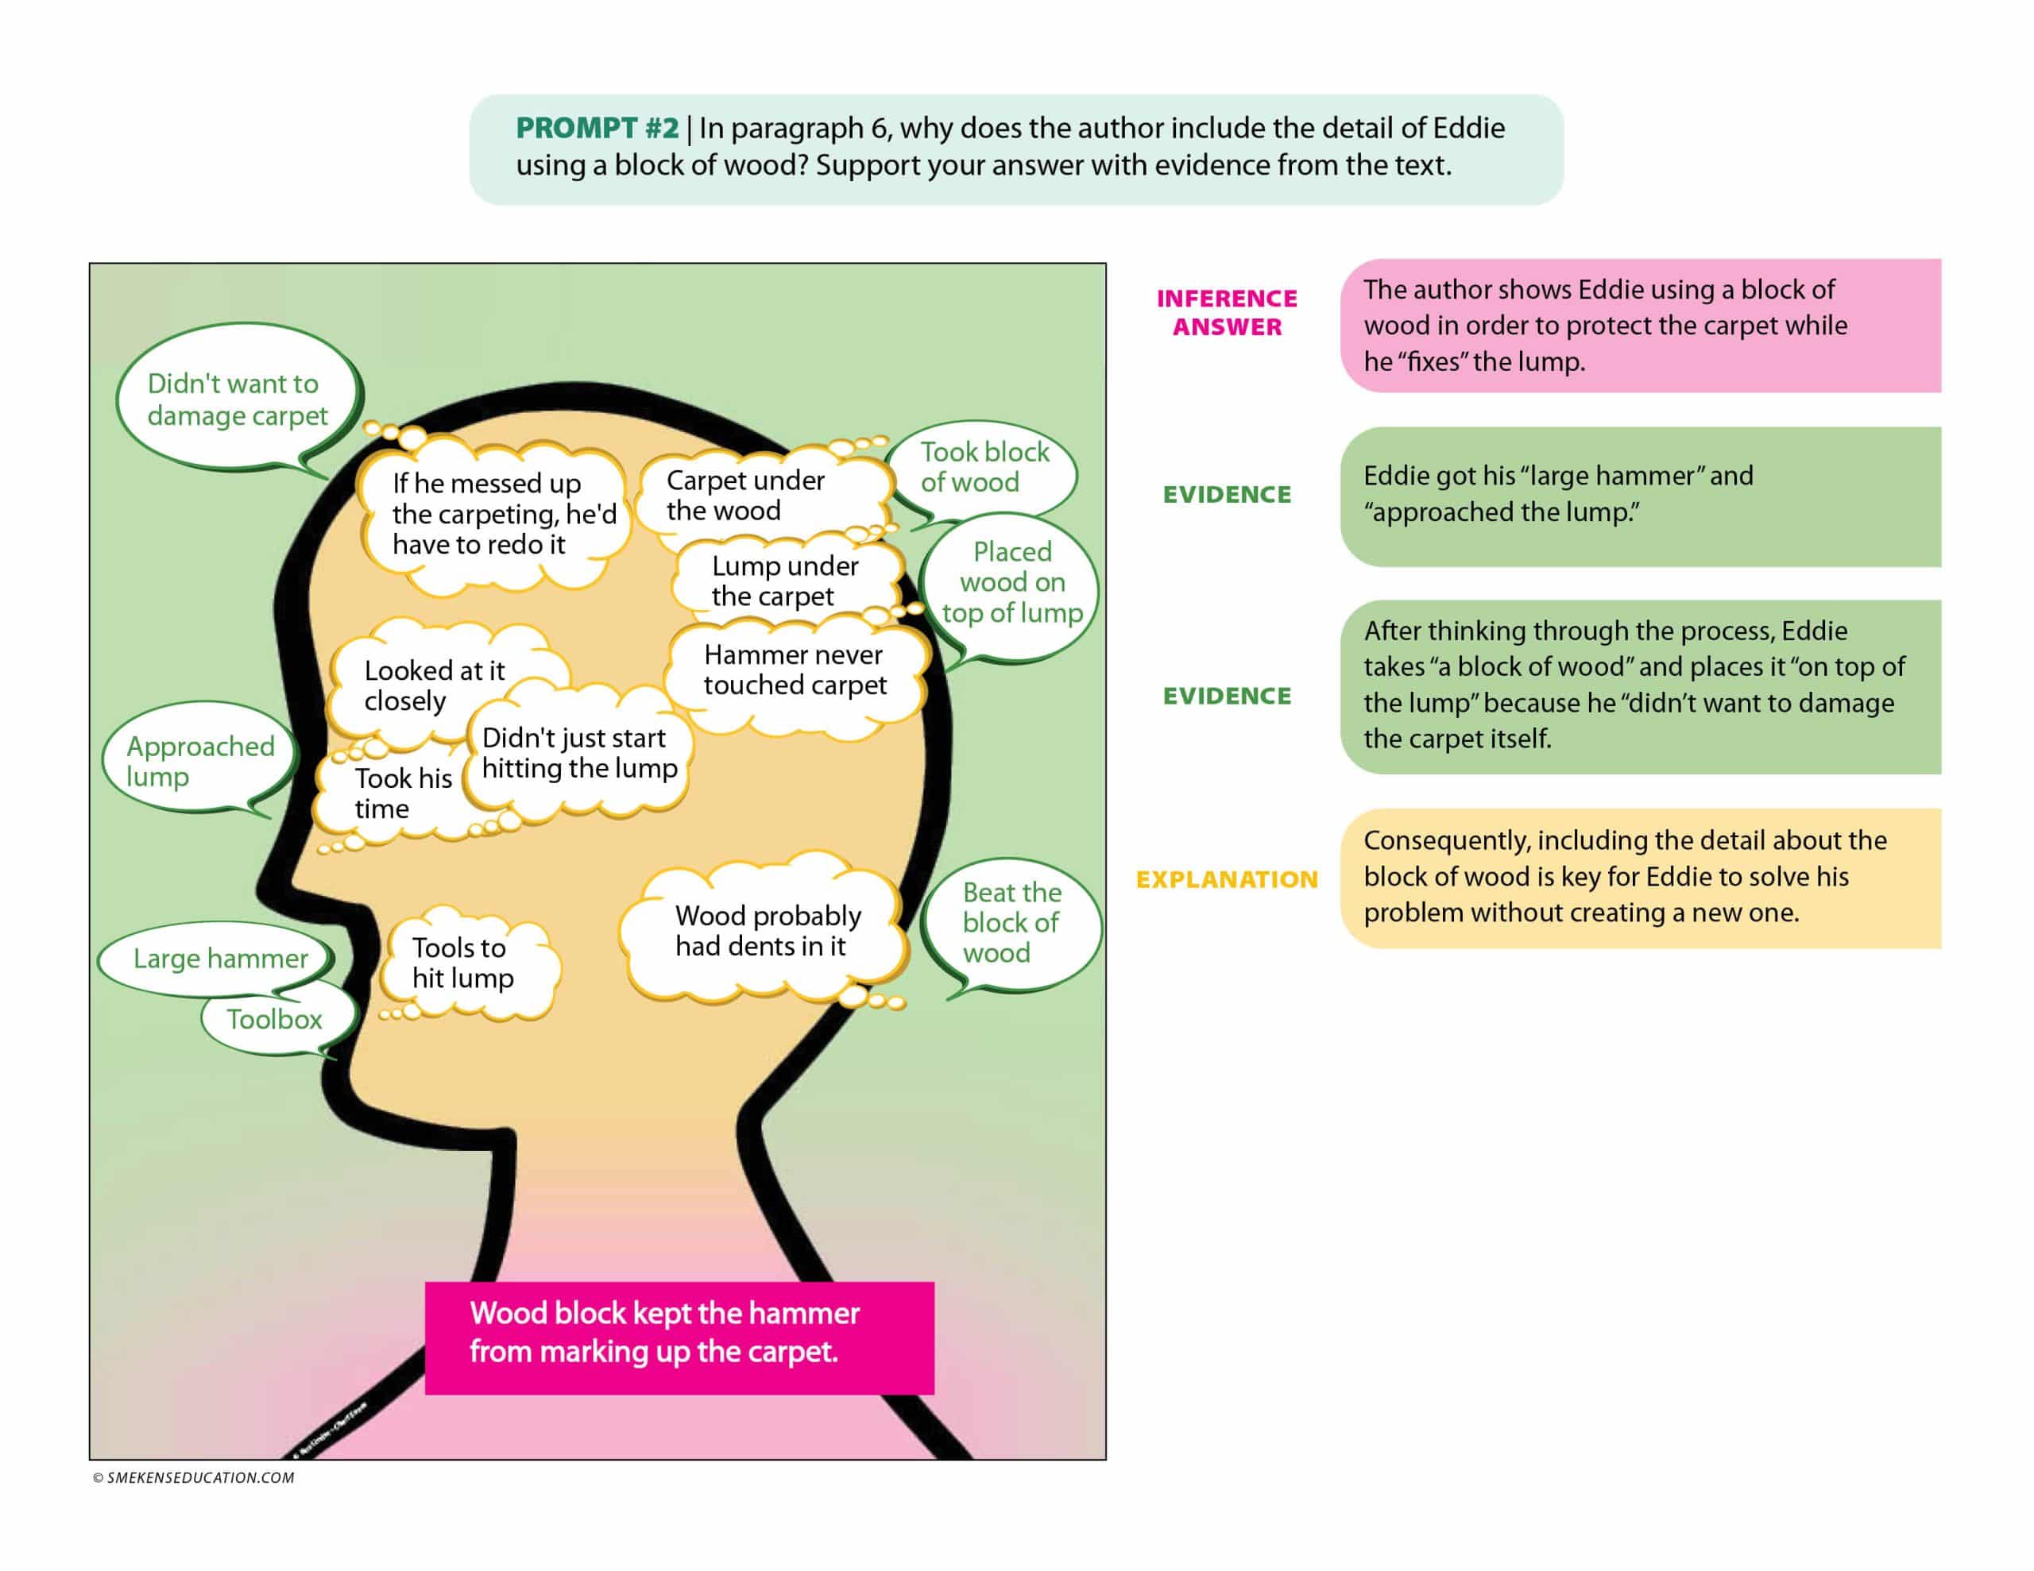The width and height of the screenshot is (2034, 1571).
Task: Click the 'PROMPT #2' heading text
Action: click(x=596, y=128)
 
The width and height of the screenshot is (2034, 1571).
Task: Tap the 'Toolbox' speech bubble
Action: click(x=275, y=1019)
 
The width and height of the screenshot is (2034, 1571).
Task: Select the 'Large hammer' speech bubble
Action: click(x=220, y=958)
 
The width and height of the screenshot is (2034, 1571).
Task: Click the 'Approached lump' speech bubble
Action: click(x=200, y=761)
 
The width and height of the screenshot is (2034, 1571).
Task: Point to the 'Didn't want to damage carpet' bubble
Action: click(x=238, y=400)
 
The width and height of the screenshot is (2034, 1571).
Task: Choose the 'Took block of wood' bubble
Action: click(x=984, y=468)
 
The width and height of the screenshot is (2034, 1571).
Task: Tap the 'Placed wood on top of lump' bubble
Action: click(x=1011, y=582)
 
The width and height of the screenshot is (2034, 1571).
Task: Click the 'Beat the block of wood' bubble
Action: click(x=1011, y=922)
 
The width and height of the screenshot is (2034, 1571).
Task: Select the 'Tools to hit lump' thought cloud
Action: click(x=463, y=963)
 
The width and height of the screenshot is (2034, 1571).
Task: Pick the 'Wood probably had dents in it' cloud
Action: click(x=767, y=930)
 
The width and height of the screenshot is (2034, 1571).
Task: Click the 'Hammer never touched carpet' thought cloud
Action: click(x=795, y=670)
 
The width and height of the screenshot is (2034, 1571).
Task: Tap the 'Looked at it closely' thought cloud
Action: click(x=433, y=685)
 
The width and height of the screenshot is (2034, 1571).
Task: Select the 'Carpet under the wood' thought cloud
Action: click(x=744, y=496)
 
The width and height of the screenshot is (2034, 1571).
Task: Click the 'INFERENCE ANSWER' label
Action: click(x=1227, y=312)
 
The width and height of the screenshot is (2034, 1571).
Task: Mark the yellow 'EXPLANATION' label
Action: click(x=1227, y=879)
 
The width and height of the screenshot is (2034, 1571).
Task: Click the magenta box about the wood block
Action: click(x=679, y=1337)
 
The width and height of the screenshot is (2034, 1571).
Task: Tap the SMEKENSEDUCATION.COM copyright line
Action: click(x=194, y=1478)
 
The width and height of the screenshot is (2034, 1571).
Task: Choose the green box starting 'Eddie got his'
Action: click(x=1639, y=496)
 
